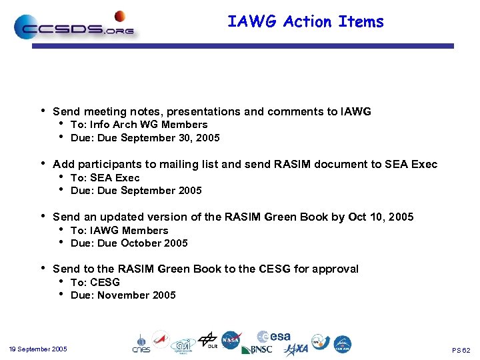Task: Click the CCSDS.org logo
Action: (74, 27)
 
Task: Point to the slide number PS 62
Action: (461, 350)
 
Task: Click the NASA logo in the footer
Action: (231, 339)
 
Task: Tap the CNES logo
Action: (141, 343)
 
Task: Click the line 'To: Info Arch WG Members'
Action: (139, 125)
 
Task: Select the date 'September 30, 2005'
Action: (177, 138)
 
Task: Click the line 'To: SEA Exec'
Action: (105, 177)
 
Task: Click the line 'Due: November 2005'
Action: (123, 295)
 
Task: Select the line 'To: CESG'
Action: (95, 282)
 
